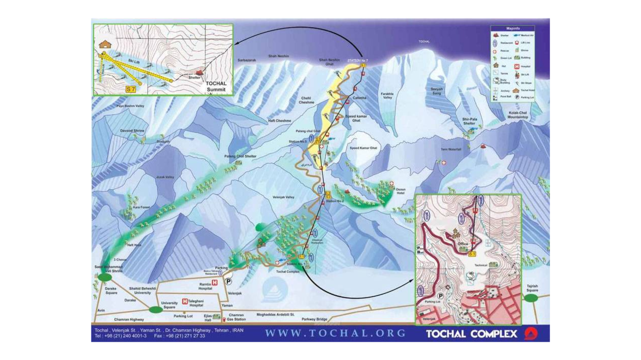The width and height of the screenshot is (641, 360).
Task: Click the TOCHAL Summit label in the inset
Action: (x=216, y=86)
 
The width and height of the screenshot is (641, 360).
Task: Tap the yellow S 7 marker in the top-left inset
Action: (x=131, y=89)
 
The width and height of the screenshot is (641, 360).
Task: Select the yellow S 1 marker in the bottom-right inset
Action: (x=472, y=254)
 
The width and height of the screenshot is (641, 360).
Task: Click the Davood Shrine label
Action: (x=132, y=131)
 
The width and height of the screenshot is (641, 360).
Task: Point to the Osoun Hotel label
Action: (x=400, y=191)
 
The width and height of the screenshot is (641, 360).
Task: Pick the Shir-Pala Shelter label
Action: (x=470, y=121)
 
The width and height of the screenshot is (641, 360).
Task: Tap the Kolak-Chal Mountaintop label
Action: (x=517, y=115)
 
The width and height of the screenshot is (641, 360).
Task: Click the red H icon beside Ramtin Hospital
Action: (x=215, y=283)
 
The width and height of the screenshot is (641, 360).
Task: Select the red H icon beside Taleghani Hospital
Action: (x=185, y=301)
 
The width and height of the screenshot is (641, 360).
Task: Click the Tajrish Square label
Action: (x=532, y=288)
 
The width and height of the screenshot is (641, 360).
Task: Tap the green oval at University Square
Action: (x=155, y=310)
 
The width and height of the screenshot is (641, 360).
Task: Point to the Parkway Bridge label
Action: (x=314, y=319)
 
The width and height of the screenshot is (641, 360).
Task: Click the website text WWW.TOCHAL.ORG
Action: (x=335, y=333)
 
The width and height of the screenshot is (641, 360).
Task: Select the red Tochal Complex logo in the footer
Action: (x=531, y=334)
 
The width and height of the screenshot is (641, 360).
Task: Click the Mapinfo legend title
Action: (x=513, y=29)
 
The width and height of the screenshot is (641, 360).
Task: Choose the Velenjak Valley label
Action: (x=283, y=197)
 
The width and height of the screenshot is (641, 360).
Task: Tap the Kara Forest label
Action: (x=141, y=207)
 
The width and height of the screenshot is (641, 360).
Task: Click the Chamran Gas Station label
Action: (x=236, y=317)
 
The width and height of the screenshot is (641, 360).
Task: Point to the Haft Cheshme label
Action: (x=279, y=121)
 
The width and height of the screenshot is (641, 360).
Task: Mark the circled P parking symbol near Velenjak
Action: (x=229, y=282)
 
